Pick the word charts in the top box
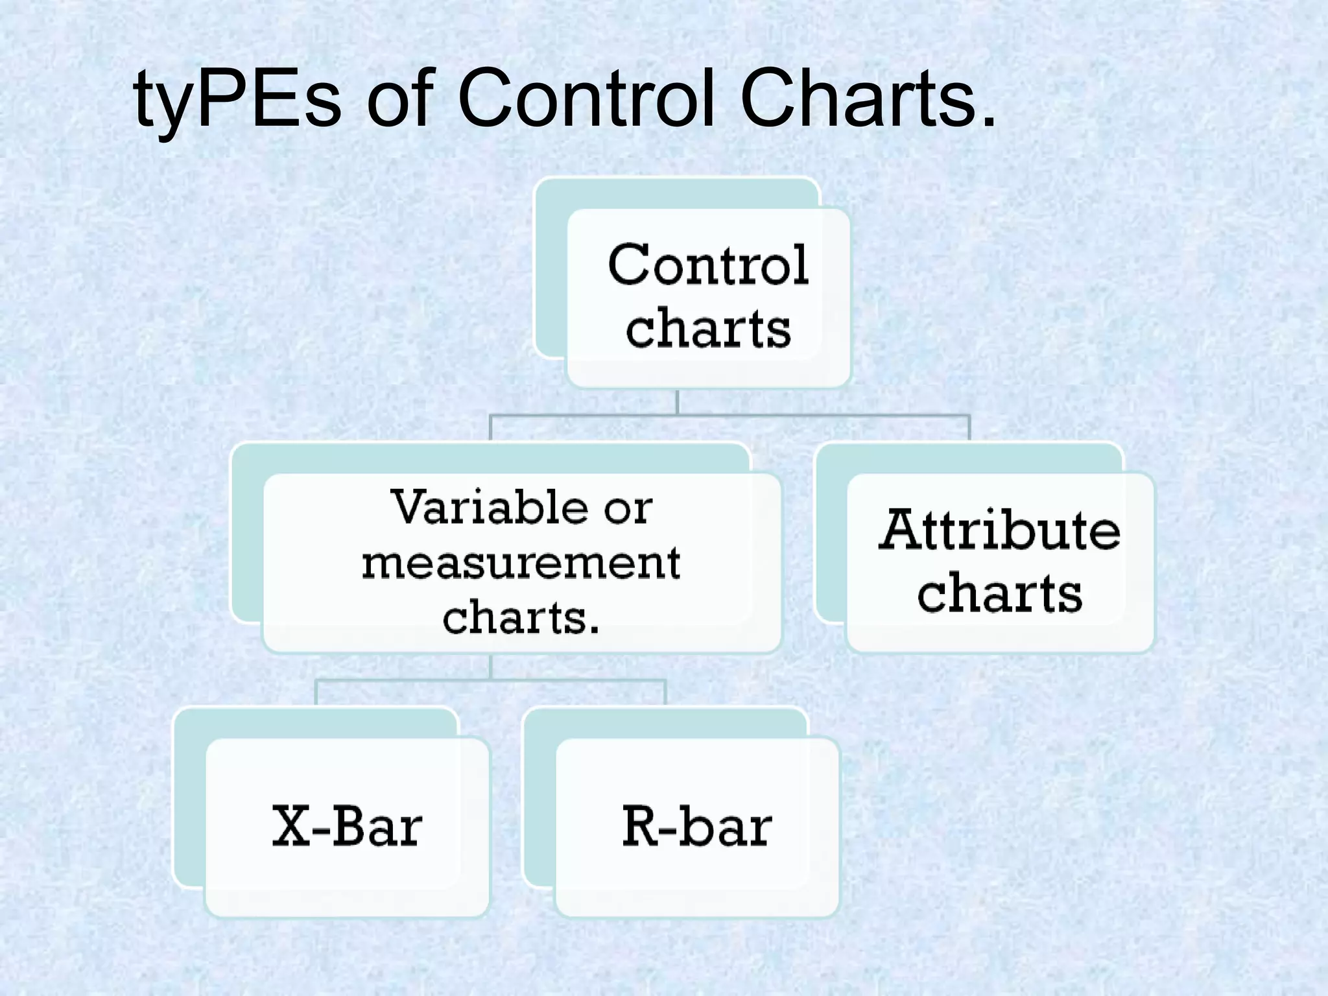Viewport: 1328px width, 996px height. [708, 328]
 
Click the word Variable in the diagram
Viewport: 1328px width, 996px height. [490, 507]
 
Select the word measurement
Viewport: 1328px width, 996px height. [521, 562]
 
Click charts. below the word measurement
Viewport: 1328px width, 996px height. [521, 617]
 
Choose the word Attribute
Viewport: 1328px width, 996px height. [999, 530]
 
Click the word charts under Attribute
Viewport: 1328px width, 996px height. [999, 593]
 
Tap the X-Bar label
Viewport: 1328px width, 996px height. [348, 826]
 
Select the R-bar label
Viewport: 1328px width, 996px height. [697, 826]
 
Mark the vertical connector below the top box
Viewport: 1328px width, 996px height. [677, 402]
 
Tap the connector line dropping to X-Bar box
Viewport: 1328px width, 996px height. [316, 693]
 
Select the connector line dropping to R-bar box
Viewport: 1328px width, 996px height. [665, 693]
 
